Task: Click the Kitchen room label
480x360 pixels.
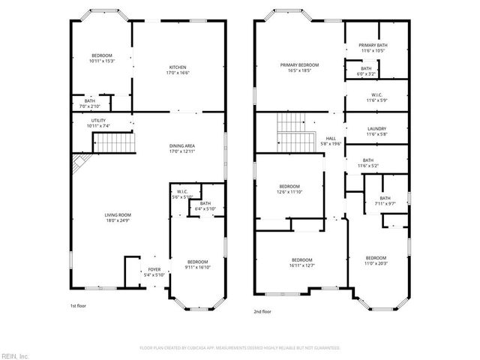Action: tap(177, 67)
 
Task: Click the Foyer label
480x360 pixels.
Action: tap(154, 269)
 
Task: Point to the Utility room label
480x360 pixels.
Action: tap(98, 120)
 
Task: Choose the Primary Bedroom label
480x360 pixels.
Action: tap(299, 65)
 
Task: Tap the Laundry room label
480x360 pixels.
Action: tap(376, 129)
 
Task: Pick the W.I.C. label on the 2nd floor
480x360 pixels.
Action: tap(376, 94)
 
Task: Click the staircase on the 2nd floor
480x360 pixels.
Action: tap(293, 131)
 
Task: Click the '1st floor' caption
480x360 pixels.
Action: tap(79, 305)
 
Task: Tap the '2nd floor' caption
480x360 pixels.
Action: tap(262, 311)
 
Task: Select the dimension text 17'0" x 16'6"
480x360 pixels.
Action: tap(177, 73)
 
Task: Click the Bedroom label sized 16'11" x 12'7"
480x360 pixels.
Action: tap(301, 259)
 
